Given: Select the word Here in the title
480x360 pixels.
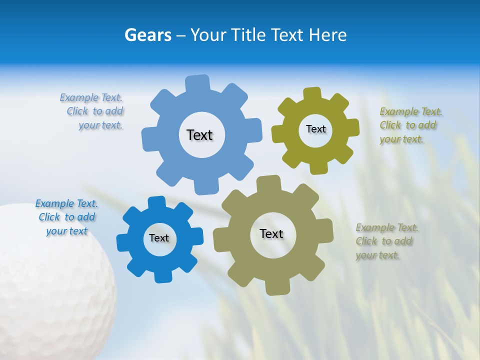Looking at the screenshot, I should (x=327, y=35).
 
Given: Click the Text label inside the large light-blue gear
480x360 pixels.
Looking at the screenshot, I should (x=199, y=135).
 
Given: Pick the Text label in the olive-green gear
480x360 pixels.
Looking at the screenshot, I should (x=315, y=129).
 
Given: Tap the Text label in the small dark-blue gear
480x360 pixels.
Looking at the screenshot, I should (x=159, y=238).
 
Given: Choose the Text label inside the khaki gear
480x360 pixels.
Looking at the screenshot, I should (x=271, y=233).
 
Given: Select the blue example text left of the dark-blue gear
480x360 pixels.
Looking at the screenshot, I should (x=66, y=217).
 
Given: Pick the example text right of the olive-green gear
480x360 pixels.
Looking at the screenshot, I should (x=410, y=125).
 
